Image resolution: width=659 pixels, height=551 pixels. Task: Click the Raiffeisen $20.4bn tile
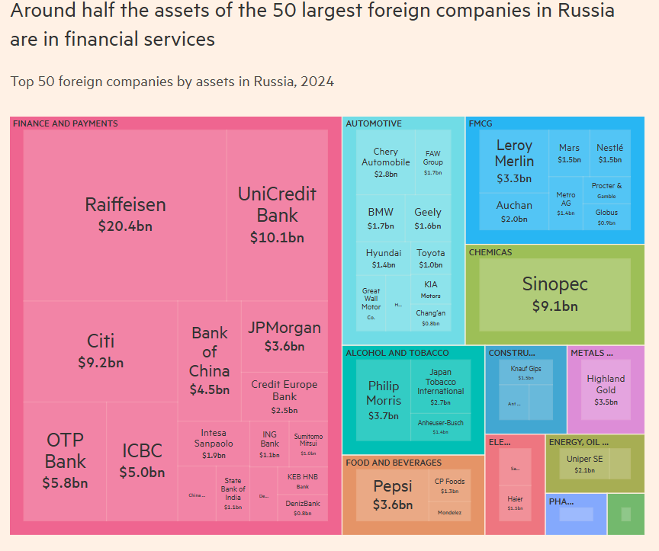pyautogui.click(x=125, y=214)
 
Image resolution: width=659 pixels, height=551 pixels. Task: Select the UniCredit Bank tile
pyautogui.click(x=277, y=214)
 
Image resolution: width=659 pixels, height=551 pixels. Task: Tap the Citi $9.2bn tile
pyautogui.click(x=101, y=350)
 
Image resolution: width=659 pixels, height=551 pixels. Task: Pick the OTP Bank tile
pyautogui.click(x=66, y=460)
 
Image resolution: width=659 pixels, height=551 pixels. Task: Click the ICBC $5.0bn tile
pyautogui.click(x=142, y=460)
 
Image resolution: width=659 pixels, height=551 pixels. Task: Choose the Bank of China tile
pyautogui.click(x=209, y=360)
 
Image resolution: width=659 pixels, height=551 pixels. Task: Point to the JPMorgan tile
pyautogui.click(x=284, y=335)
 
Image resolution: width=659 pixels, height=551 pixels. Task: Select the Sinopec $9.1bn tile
pyautogui.click(x=555, y=293)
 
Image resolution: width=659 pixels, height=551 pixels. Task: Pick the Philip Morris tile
pyautogui.click(x=383, y=399)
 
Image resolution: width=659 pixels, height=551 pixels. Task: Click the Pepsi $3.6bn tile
pyautogui.click(x=393, y=494)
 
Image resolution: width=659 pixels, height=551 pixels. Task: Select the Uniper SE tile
pyautogui.click(x=584, y=464)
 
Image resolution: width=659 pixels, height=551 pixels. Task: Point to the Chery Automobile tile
pyautogui.click(x=385, y=162)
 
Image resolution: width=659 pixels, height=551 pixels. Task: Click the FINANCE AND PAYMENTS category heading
pyautogui.click(x=66, y=123)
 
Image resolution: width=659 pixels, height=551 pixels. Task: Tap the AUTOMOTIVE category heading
pyautogui.click(x=374, y=123)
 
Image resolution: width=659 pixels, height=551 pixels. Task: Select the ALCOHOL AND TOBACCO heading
pyautogui.click(x=397, y=353)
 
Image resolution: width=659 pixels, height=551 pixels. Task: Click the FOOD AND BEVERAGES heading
pyautogui.click(x=394, y=463)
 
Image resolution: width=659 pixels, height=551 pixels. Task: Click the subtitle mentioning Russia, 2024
pyautogui.click(x=172, y=82)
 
